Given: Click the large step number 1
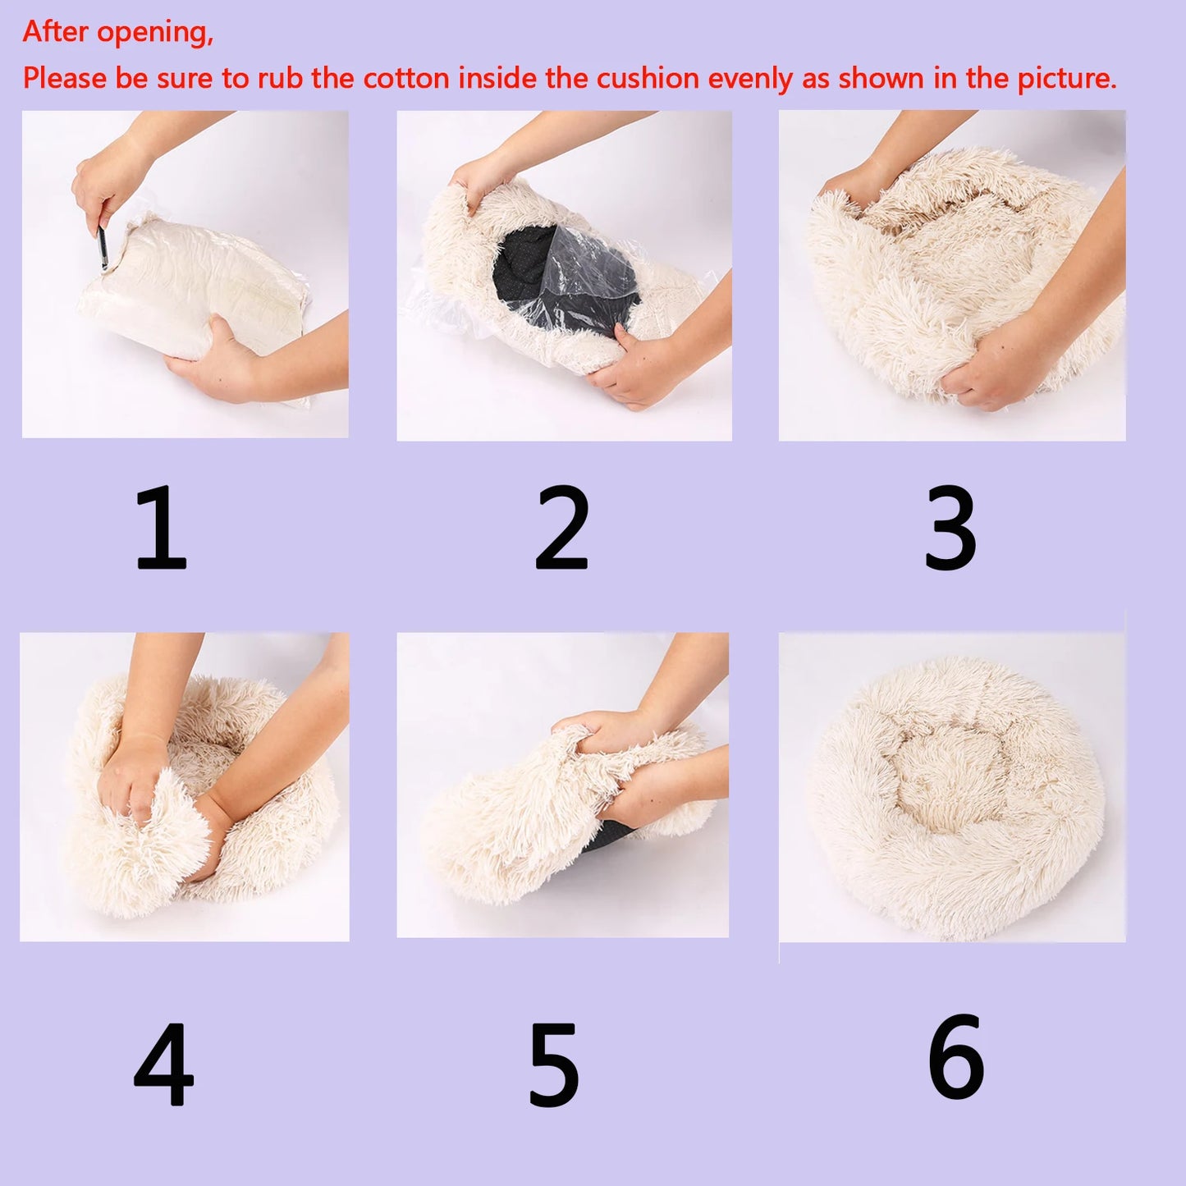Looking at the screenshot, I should coord(161,528).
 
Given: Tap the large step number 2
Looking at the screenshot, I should coord(562,528).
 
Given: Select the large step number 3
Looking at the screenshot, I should coord(950,528).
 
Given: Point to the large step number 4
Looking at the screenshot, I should coord(163,1065).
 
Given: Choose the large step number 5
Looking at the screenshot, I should coord(554,1065).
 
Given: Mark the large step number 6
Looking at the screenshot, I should coord(955,1057).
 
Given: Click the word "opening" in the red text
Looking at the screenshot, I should coord(155,33).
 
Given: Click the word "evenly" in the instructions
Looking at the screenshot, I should coord(751,79).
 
